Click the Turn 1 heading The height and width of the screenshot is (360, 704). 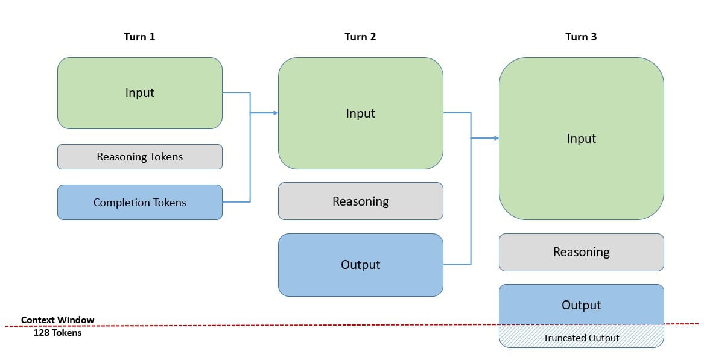(x=139, y=37)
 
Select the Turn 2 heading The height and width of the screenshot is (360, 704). (x=360, y=37)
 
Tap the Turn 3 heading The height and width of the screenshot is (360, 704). (x=581, y=37)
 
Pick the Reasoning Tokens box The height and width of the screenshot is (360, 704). (x=139, y=157)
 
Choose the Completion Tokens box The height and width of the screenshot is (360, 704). (x=139, y=203)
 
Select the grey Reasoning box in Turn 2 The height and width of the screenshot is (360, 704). (x=360, y=201)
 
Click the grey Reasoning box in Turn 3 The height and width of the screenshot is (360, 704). (x=581, y=252)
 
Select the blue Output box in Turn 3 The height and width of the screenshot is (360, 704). (x=581, y=305)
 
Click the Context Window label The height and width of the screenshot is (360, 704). (x=57, y=320)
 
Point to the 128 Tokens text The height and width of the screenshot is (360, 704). (x=57, y=332)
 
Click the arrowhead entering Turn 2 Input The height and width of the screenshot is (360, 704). (x=275, y=113)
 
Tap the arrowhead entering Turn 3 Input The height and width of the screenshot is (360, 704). (x=496, y=138)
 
